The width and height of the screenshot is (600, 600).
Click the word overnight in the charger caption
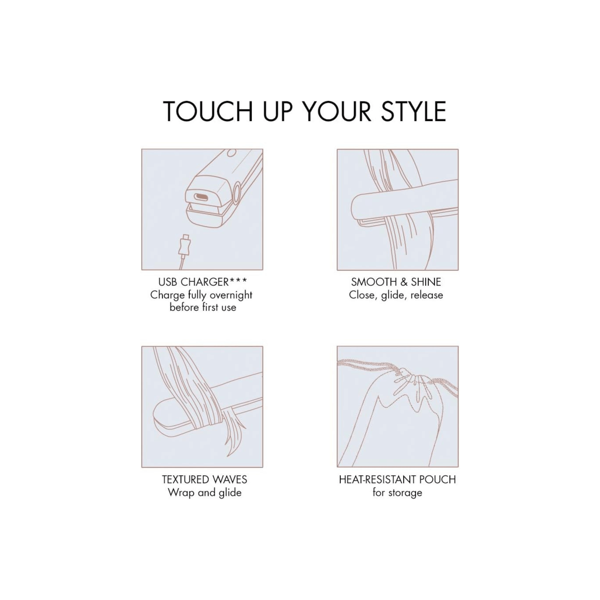pyautogui.click(x=231, y=295)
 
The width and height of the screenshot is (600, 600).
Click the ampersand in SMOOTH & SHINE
pyautogui.click(x=404, y=282)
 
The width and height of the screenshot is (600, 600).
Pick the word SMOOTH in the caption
pyautogui.click(x=374, y=282)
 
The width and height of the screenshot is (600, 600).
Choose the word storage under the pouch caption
pyautogui.click(x=404, y=493)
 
